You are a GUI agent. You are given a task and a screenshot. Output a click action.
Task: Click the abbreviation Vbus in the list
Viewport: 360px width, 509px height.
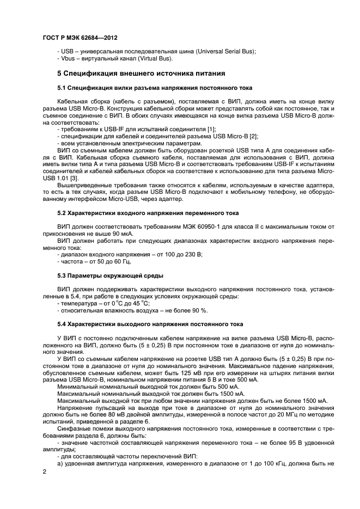click(x=68, y=58)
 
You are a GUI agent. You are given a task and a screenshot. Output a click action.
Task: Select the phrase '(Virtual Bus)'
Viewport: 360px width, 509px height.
click(x=155, y=58)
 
